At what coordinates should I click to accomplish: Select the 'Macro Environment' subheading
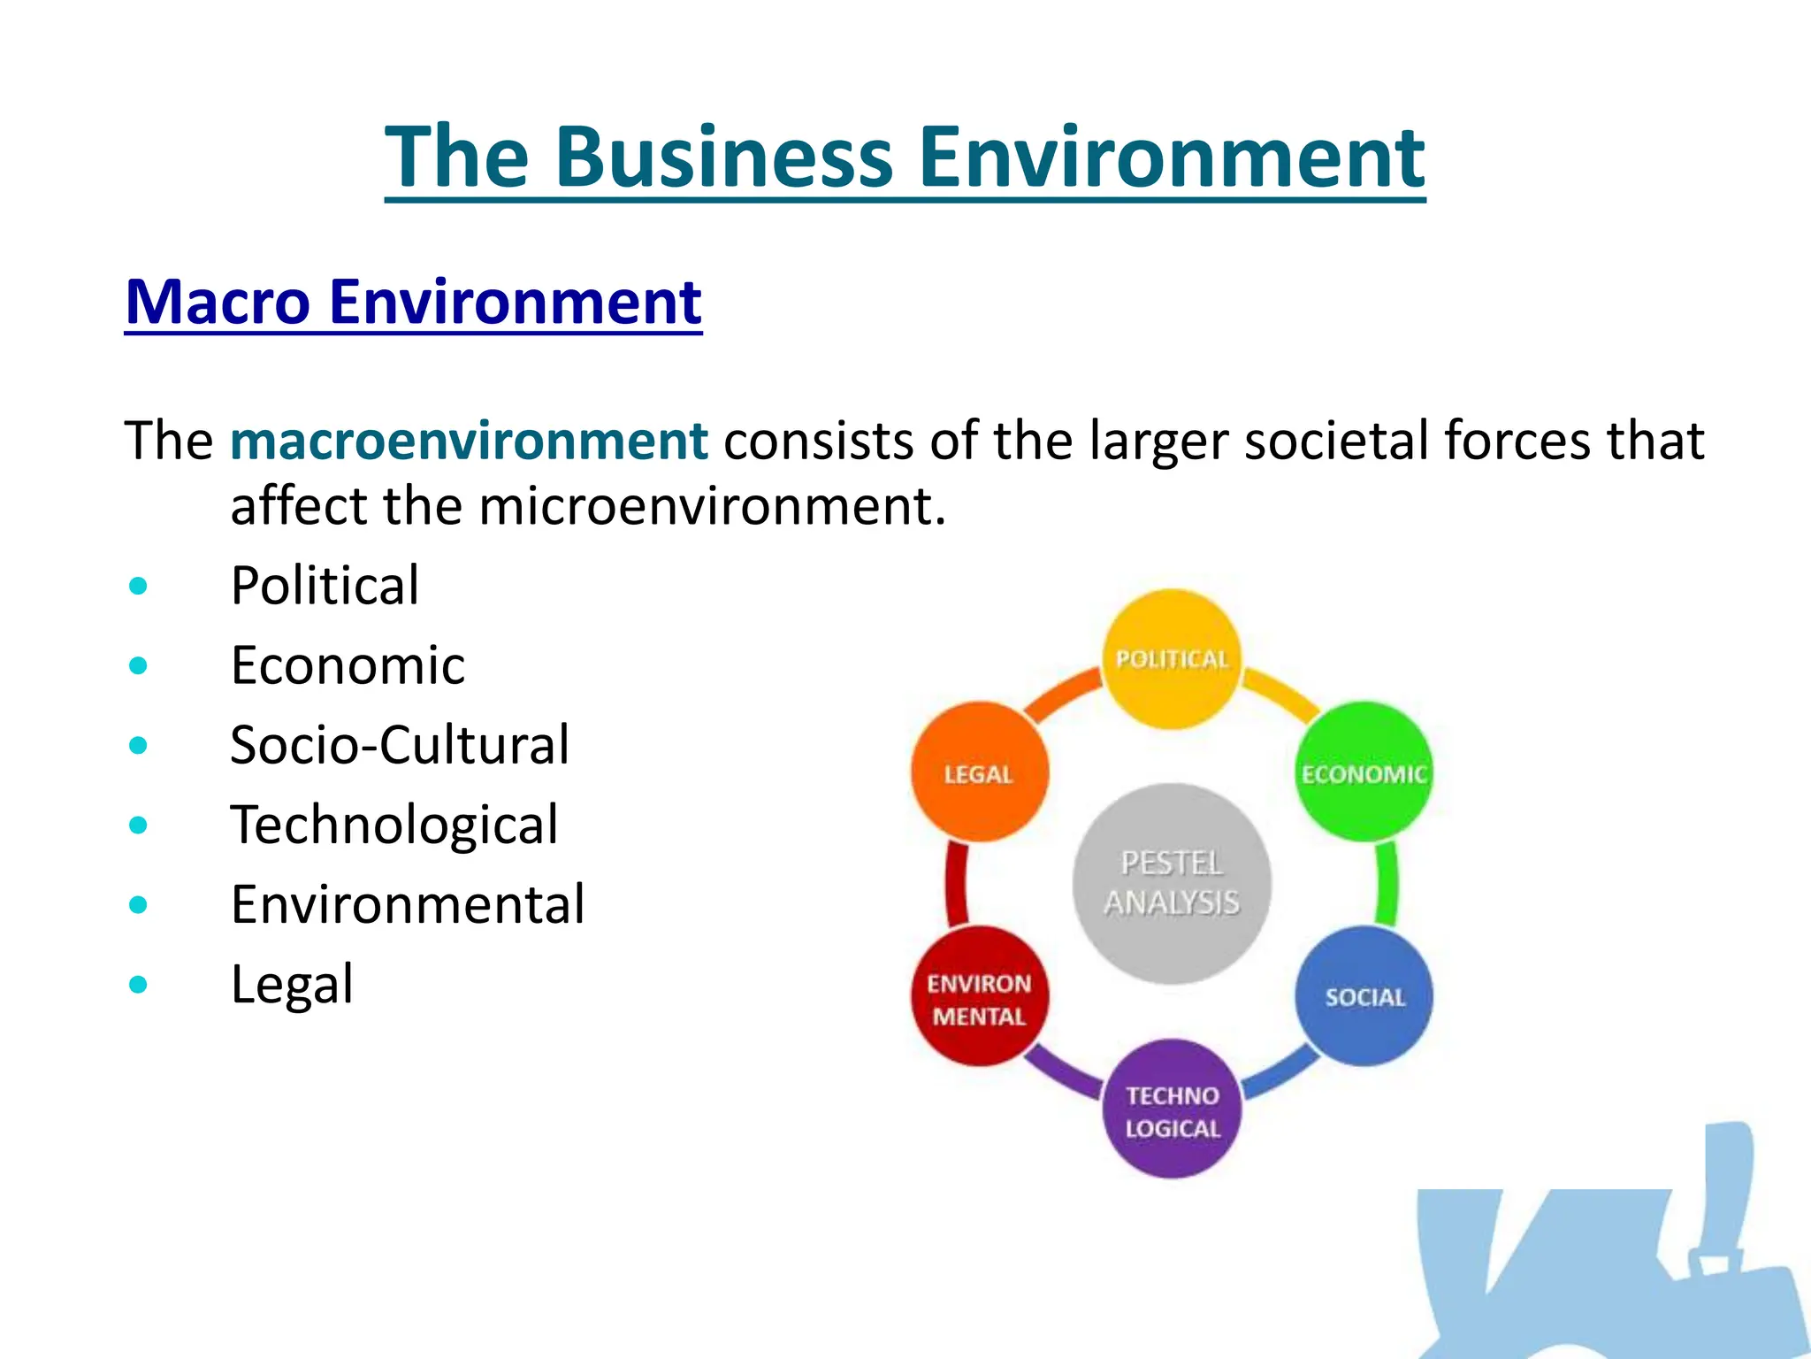413,302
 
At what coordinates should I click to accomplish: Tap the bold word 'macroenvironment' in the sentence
469,441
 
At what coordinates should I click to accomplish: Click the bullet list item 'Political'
325,585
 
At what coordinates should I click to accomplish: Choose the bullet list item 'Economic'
348,664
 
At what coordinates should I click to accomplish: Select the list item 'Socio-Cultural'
400,744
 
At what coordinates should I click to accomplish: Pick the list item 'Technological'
394,825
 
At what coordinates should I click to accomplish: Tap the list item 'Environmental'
408,904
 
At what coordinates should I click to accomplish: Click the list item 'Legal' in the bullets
292,984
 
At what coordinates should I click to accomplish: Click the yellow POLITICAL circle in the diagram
1172,659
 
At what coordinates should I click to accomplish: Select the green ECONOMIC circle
1364,772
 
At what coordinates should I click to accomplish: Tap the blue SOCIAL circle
1364,996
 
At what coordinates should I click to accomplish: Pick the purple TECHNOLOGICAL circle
1172,1109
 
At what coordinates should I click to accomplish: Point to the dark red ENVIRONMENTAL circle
980,996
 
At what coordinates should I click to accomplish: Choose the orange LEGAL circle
979,772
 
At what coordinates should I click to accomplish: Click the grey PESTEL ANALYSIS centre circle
1172,883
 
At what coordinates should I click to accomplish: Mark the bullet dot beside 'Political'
138,586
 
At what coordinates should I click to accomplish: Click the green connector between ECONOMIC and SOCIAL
1387,883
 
